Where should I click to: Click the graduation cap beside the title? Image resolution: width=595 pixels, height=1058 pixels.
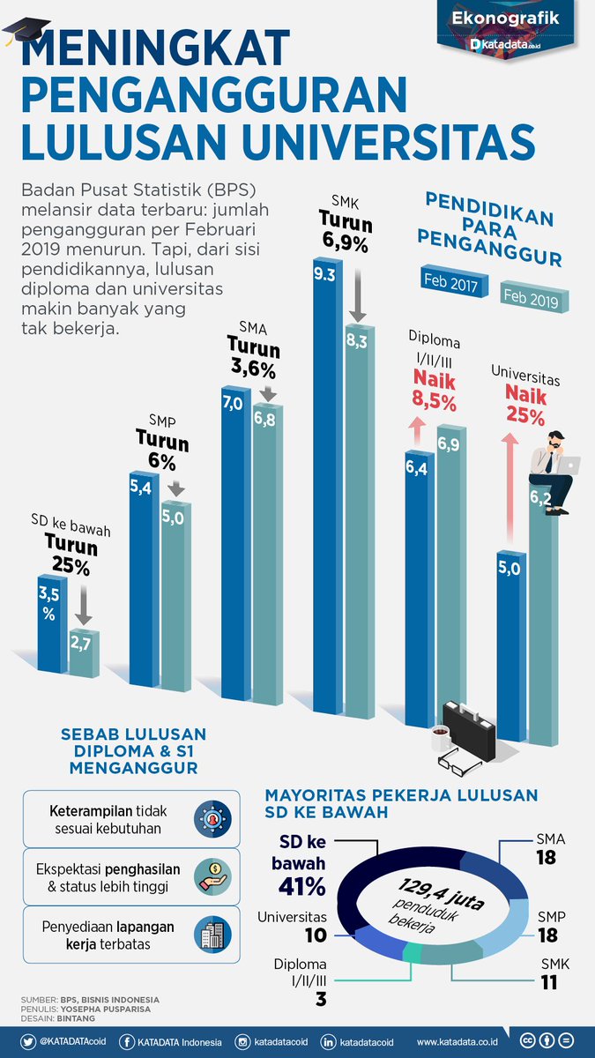[19, 37]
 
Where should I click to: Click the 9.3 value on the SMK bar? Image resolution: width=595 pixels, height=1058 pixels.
[324, 275]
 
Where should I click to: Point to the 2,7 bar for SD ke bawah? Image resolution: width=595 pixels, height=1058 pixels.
[85, 653]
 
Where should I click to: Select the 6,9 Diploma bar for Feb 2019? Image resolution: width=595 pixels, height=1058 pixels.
[447, 564]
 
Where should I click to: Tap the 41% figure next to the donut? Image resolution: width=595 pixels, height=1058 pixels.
[302, 885]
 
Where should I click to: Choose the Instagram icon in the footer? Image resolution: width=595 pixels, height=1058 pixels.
[242, 1042]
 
